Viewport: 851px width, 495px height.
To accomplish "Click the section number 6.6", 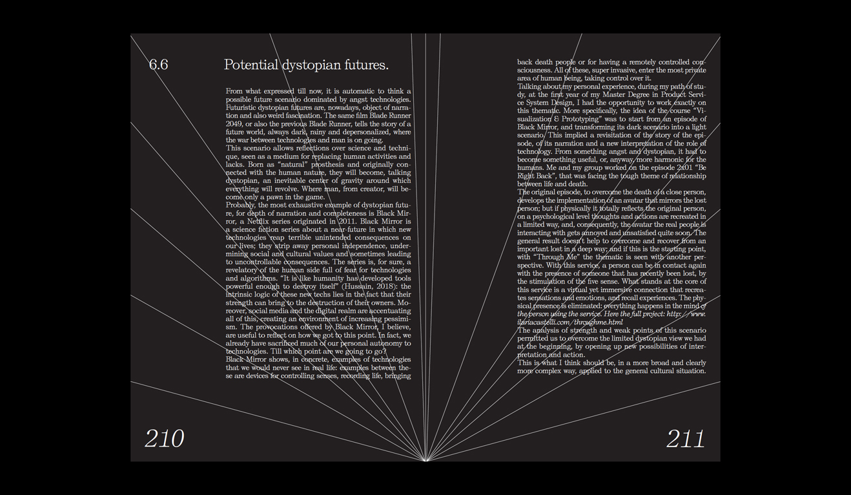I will (158, 65).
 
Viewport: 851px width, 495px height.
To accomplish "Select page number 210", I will (164, 439).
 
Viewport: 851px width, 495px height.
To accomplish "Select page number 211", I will (685, 439).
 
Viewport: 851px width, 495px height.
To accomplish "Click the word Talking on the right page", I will (531, 87).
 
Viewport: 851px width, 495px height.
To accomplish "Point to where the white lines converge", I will (425, 460).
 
